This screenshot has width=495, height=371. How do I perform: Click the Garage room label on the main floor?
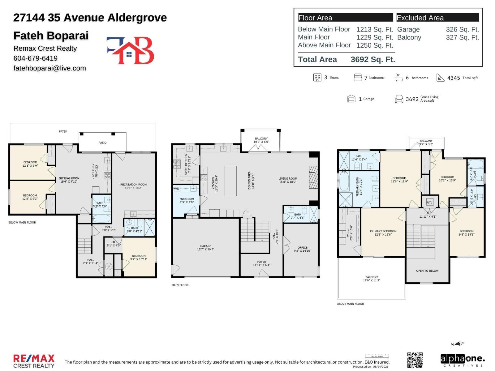[x=205, y=248]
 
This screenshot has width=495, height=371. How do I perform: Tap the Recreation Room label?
[x=133, y=186]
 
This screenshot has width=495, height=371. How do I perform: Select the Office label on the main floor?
[x=302, y=249]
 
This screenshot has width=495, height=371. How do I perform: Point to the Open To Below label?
[x=427, y=271]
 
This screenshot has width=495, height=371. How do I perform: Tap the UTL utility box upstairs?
[x=430, y=203]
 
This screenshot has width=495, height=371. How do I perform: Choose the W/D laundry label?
[x=176, y=189]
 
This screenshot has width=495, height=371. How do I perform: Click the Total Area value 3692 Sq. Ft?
[x=372, y=60]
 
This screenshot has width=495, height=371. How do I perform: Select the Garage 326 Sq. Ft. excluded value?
[x=462, y=30]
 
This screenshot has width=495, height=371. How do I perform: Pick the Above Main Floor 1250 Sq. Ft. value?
[x=374, y=45]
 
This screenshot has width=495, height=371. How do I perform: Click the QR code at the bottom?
[x=415, y=360]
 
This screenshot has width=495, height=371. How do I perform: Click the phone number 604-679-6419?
[x=35, y=58]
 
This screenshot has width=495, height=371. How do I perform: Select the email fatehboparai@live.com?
[x=49, y=68]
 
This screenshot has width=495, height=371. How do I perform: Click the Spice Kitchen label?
[x=188, y=164]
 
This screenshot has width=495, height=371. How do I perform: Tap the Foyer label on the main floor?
[x=261, y=263]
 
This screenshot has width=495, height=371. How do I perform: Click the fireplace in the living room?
[x=313, y=177]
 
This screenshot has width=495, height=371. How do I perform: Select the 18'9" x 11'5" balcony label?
[x=371, y=279]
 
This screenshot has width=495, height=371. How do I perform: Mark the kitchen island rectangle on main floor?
[x=230, y=181]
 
